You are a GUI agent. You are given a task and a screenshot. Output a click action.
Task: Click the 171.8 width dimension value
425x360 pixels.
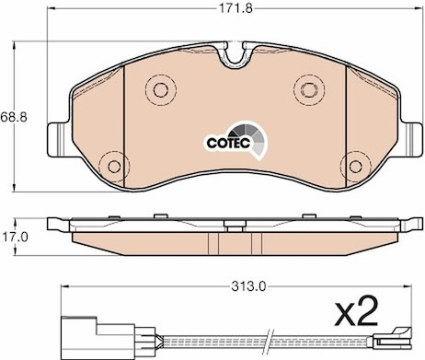pos(235,8)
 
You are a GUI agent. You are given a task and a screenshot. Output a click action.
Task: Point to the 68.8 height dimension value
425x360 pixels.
pos(14,117)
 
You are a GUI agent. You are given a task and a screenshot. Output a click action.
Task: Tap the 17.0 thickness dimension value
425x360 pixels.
pos(15,237)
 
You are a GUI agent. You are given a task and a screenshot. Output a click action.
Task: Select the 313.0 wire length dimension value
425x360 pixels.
pos(248,287)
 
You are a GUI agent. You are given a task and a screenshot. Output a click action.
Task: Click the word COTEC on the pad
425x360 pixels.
pos(228,143)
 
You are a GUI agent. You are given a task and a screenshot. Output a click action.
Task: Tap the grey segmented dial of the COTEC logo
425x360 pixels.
pos(250,140)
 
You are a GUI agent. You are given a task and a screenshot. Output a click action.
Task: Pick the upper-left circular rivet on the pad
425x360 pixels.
pos(161,89)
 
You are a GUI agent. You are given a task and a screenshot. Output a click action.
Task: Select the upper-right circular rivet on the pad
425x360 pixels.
pos(309,89)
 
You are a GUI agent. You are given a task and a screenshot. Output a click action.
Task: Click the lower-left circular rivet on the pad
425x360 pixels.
pos(114,167)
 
